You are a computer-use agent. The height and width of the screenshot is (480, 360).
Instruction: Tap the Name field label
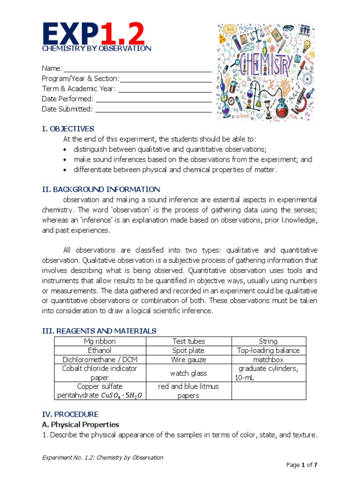[x=52, y=68]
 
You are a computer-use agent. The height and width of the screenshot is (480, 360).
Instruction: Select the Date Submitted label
[x=67, y=109]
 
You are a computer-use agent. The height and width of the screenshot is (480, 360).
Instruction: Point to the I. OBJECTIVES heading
[x=68, y=129]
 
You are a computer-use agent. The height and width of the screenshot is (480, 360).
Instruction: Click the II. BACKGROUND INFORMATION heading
[x=101, y=189]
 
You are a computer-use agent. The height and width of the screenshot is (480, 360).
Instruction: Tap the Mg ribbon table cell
[x=100, y=341]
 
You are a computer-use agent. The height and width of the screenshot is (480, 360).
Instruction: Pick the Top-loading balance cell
[x=268, y=350]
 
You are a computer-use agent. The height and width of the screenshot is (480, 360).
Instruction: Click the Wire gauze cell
[x=189, y=360]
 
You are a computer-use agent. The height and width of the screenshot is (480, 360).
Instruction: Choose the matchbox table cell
[x=268, y=360]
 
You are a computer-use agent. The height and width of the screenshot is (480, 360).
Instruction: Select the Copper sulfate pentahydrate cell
[x=100, y=390]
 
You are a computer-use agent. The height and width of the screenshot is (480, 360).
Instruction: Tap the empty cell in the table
[x=269, y=390]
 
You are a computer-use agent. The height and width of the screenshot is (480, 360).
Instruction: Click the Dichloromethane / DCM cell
[x=100, y=360]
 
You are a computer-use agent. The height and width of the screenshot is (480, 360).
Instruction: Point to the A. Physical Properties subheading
[x=80, y=424]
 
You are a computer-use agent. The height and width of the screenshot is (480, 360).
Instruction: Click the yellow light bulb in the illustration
[x=307, y=45]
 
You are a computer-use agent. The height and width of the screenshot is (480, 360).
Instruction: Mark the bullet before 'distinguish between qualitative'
[x=65, y=150]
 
